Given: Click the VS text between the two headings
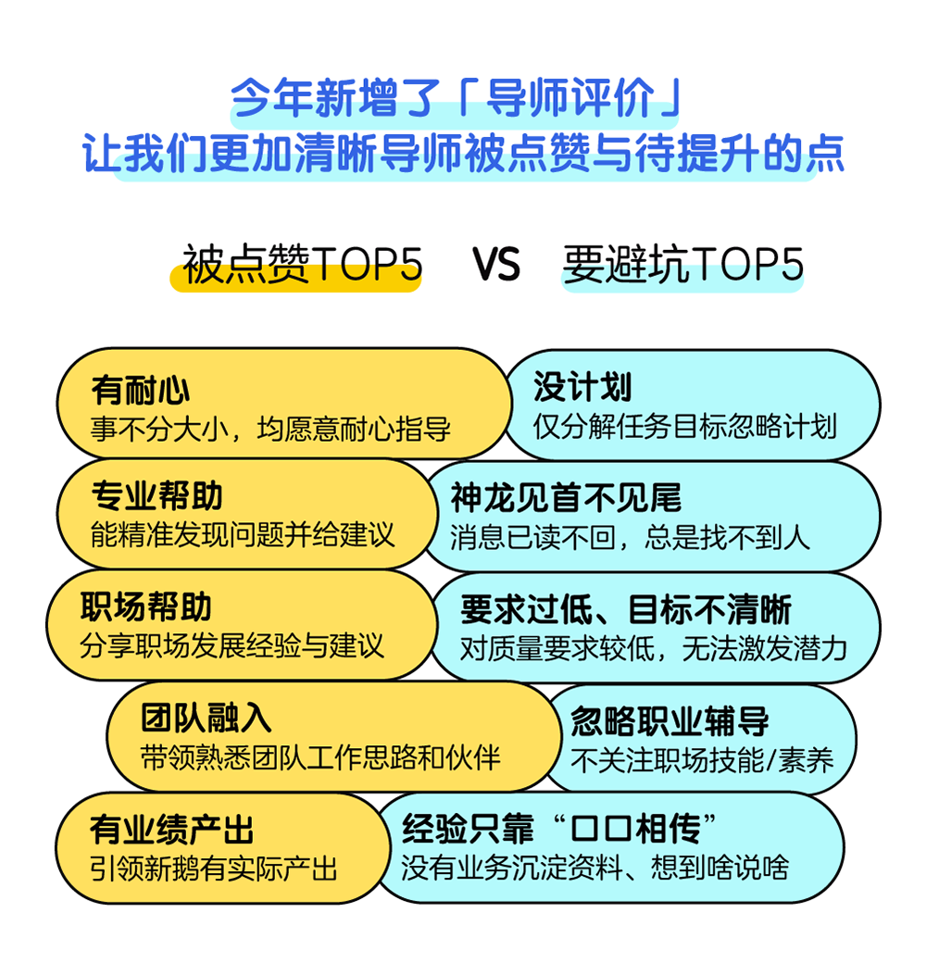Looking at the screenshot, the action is (496, 265).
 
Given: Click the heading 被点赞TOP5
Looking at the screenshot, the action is (302, 265).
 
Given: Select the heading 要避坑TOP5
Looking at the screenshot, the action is (683, 265).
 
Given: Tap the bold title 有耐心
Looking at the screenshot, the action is (141, 390).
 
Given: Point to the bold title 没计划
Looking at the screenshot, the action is (582, 386).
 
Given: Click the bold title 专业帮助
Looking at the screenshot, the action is (156, 495).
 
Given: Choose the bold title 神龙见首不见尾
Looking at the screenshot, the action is (567, 497).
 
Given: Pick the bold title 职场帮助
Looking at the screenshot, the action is (146, 606).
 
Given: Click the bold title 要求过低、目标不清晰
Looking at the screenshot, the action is (626, 610).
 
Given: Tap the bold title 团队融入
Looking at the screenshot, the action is (206, 718).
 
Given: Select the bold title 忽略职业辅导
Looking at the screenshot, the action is (669, 721).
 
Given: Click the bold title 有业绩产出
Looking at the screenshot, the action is (172, 830).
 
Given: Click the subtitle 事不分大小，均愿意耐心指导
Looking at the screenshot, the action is (270, 429).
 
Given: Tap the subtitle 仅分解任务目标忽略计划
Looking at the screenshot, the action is (685, 427).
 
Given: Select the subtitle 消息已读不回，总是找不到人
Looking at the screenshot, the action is (631, 537).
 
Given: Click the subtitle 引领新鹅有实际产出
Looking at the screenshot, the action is (214, 868).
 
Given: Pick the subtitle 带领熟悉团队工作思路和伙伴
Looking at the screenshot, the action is (320, 757).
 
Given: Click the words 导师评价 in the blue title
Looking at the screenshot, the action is (570, 98).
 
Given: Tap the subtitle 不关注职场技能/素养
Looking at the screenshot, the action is (702, 761).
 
